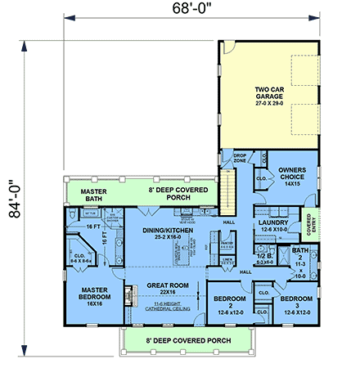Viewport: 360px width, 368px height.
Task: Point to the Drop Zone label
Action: [x=240, y=157]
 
